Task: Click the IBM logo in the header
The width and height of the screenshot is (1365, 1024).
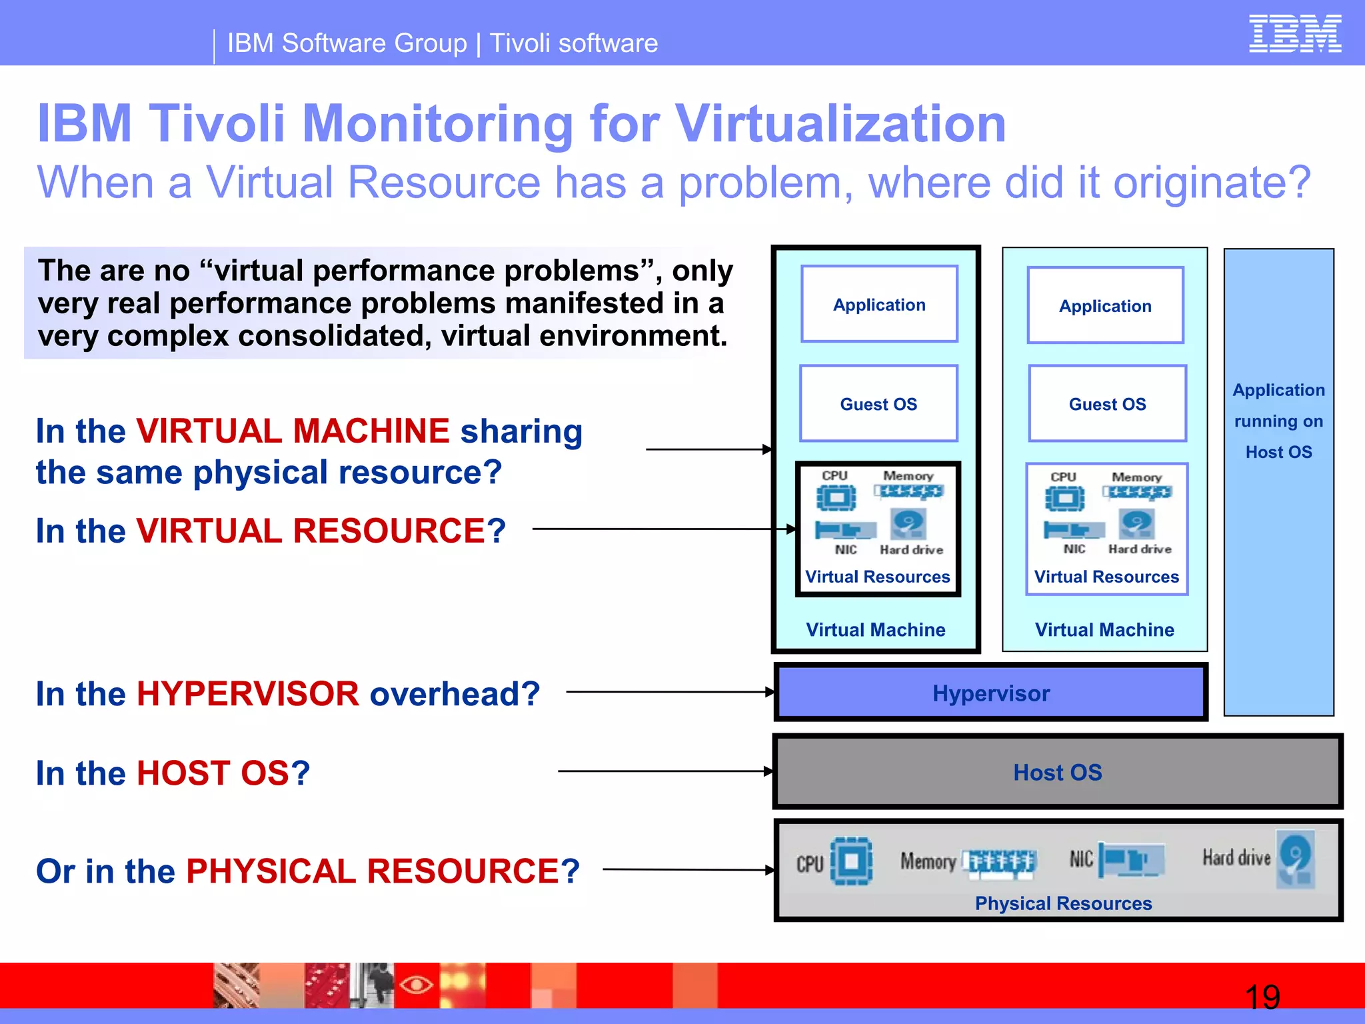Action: coord(1294,33)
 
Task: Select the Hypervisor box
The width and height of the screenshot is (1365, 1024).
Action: coord(990,693)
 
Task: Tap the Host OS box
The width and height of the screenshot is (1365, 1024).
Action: coord(1057,772)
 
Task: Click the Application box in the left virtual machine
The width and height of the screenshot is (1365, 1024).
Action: coord(879,305)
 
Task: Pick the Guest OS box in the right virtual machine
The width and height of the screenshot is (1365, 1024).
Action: coord(1107,404)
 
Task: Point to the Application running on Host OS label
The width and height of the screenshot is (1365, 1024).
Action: coord(1278,421)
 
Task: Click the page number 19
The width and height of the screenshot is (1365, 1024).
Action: coord(1262,997)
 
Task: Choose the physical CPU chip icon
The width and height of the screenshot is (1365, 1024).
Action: coord(851,861)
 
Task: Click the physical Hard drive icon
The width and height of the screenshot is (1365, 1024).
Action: coord(1296,859)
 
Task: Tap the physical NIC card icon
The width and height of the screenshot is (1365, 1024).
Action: coord(1131,859)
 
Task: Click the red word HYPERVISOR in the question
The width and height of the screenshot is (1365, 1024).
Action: coord(248,694)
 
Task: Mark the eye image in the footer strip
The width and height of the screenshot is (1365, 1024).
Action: coord(417,985)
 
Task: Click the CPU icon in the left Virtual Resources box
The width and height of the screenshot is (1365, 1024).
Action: coord(836,498)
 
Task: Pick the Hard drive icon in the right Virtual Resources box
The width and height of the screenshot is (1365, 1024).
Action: coord(1137,523)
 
